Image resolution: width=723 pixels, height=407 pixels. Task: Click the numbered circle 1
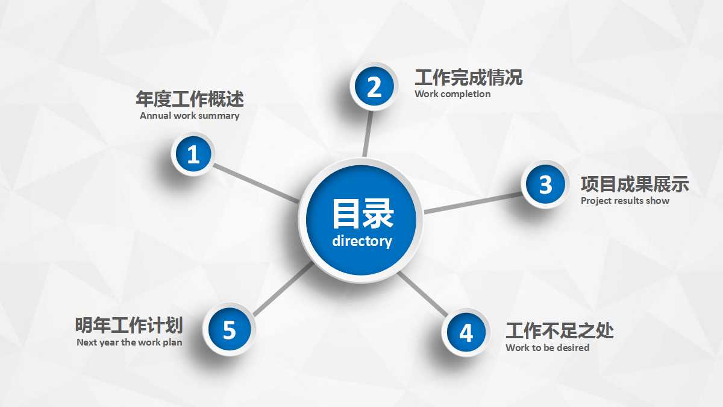pos(193,155)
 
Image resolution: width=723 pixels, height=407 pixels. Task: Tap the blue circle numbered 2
pos(374,87)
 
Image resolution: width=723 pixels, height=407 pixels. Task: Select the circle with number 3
pos(545,185)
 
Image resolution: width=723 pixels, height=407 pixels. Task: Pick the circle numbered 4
pos(466,332)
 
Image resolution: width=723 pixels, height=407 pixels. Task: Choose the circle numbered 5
pos(229,330)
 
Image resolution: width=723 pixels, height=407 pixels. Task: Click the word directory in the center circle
pos(361,241)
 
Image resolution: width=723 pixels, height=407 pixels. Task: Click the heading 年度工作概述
pos(190,99)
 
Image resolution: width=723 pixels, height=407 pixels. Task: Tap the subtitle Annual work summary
pos(190,116)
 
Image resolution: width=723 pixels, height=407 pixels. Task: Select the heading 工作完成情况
pos(468,78)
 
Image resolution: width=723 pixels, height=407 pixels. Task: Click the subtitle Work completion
pos(452,94)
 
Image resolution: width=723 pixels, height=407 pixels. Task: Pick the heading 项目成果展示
pos(634,185)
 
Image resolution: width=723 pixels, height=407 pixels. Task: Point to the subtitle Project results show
pos(625,201)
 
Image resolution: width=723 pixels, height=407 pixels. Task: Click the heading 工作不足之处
pos(559,331)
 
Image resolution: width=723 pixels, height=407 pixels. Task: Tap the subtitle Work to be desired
pos(547,348)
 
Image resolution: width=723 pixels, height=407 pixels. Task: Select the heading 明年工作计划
pos(129,326)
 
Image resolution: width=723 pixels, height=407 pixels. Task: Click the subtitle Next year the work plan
pos(129,342)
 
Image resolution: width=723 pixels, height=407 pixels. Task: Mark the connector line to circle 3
pos(473,203)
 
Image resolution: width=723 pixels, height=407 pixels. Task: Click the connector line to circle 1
pos(256,183)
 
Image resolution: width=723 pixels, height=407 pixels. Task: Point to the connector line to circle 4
pos(423,294)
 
